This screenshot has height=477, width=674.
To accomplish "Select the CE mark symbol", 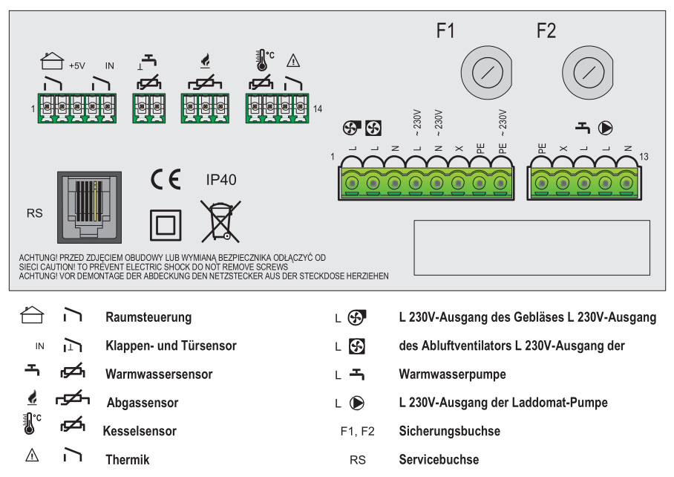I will click(165, 181).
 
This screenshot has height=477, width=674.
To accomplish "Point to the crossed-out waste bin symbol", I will click(215, 221).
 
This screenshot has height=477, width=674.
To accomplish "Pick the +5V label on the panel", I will click(77, 66).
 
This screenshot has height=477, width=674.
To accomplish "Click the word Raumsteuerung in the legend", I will click(148, 317).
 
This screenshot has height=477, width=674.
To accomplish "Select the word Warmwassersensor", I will click(159, 374).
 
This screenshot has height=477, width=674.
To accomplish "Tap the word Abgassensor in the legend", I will click(143, 403).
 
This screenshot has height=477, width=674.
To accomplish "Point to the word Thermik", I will click(127, 460).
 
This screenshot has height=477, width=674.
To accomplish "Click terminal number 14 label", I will click(318, 109).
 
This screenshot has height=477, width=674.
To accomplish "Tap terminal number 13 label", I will click(644, 157).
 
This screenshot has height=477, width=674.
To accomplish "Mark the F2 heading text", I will click(546, 30).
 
